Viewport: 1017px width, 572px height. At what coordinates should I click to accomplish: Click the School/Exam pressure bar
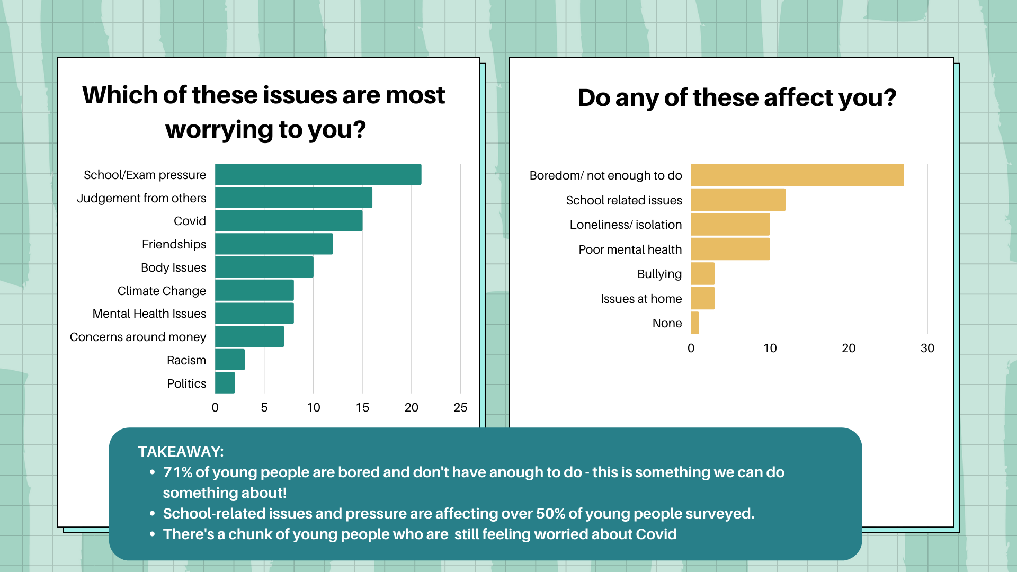[318, 175]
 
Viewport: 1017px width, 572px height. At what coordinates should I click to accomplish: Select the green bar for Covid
[289, 221]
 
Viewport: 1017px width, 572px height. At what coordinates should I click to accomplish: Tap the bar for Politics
[225, 383]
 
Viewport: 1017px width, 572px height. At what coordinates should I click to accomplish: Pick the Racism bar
[230, 360]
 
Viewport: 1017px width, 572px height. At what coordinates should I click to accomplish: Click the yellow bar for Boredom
[797, 175]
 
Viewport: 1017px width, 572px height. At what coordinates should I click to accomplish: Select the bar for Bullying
[703, 274]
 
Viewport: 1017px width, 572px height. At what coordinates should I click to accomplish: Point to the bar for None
[695, 323]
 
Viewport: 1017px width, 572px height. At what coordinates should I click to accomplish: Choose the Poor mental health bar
[730, 249]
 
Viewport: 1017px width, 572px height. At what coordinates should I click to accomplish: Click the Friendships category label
[174, 244]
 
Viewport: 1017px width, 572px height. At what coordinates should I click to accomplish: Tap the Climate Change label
[162, 291]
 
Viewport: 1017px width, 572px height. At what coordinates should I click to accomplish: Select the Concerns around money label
[138, 337]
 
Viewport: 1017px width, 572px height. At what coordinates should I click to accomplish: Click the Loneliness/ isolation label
[626, 225]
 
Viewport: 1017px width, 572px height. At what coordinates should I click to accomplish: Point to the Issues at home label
[641, 299]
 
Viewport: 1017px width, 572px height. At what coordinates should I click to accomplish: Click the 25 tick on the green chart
[460, 407]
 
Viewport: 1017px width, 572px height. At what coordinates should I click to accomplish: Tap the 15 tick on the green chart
[362, 407]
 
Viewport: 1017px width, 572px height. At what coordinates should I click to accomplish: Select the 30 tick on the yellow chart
[927, 348]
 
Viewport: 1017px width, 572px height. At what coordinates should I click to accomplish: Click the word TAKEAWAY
[181, 451]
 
